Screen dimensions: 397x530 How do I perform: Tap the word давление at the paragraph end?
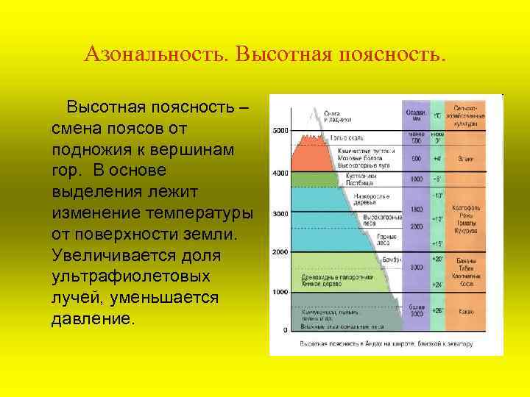point(93,320)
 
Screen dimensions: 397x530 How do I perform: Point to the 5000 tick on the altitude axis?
point(280,130)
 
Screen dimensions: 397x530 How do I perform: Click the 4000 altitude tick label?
point(280,173)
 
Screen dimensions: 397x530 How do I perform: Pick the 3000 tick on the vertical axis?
point(280,213)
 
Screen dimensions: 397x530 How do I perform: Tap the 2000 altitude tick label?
point(280,252)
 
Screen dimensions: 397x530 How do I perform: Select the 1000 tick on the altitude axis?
point(280,292)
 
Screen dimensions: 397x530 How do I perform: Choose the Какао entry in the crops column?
point(465,312)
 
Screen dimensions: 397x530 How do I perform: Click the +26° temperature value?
point(437,312)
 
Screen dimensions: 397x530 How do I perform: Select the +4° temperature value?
point(437,158)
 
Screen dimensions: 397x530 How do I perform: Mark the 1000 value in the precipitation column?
point(416,179)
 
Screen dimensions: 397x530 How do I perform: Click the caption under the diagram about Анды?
point(386,343)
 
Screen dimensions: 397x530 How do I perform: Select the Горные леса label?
point(387,239)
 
